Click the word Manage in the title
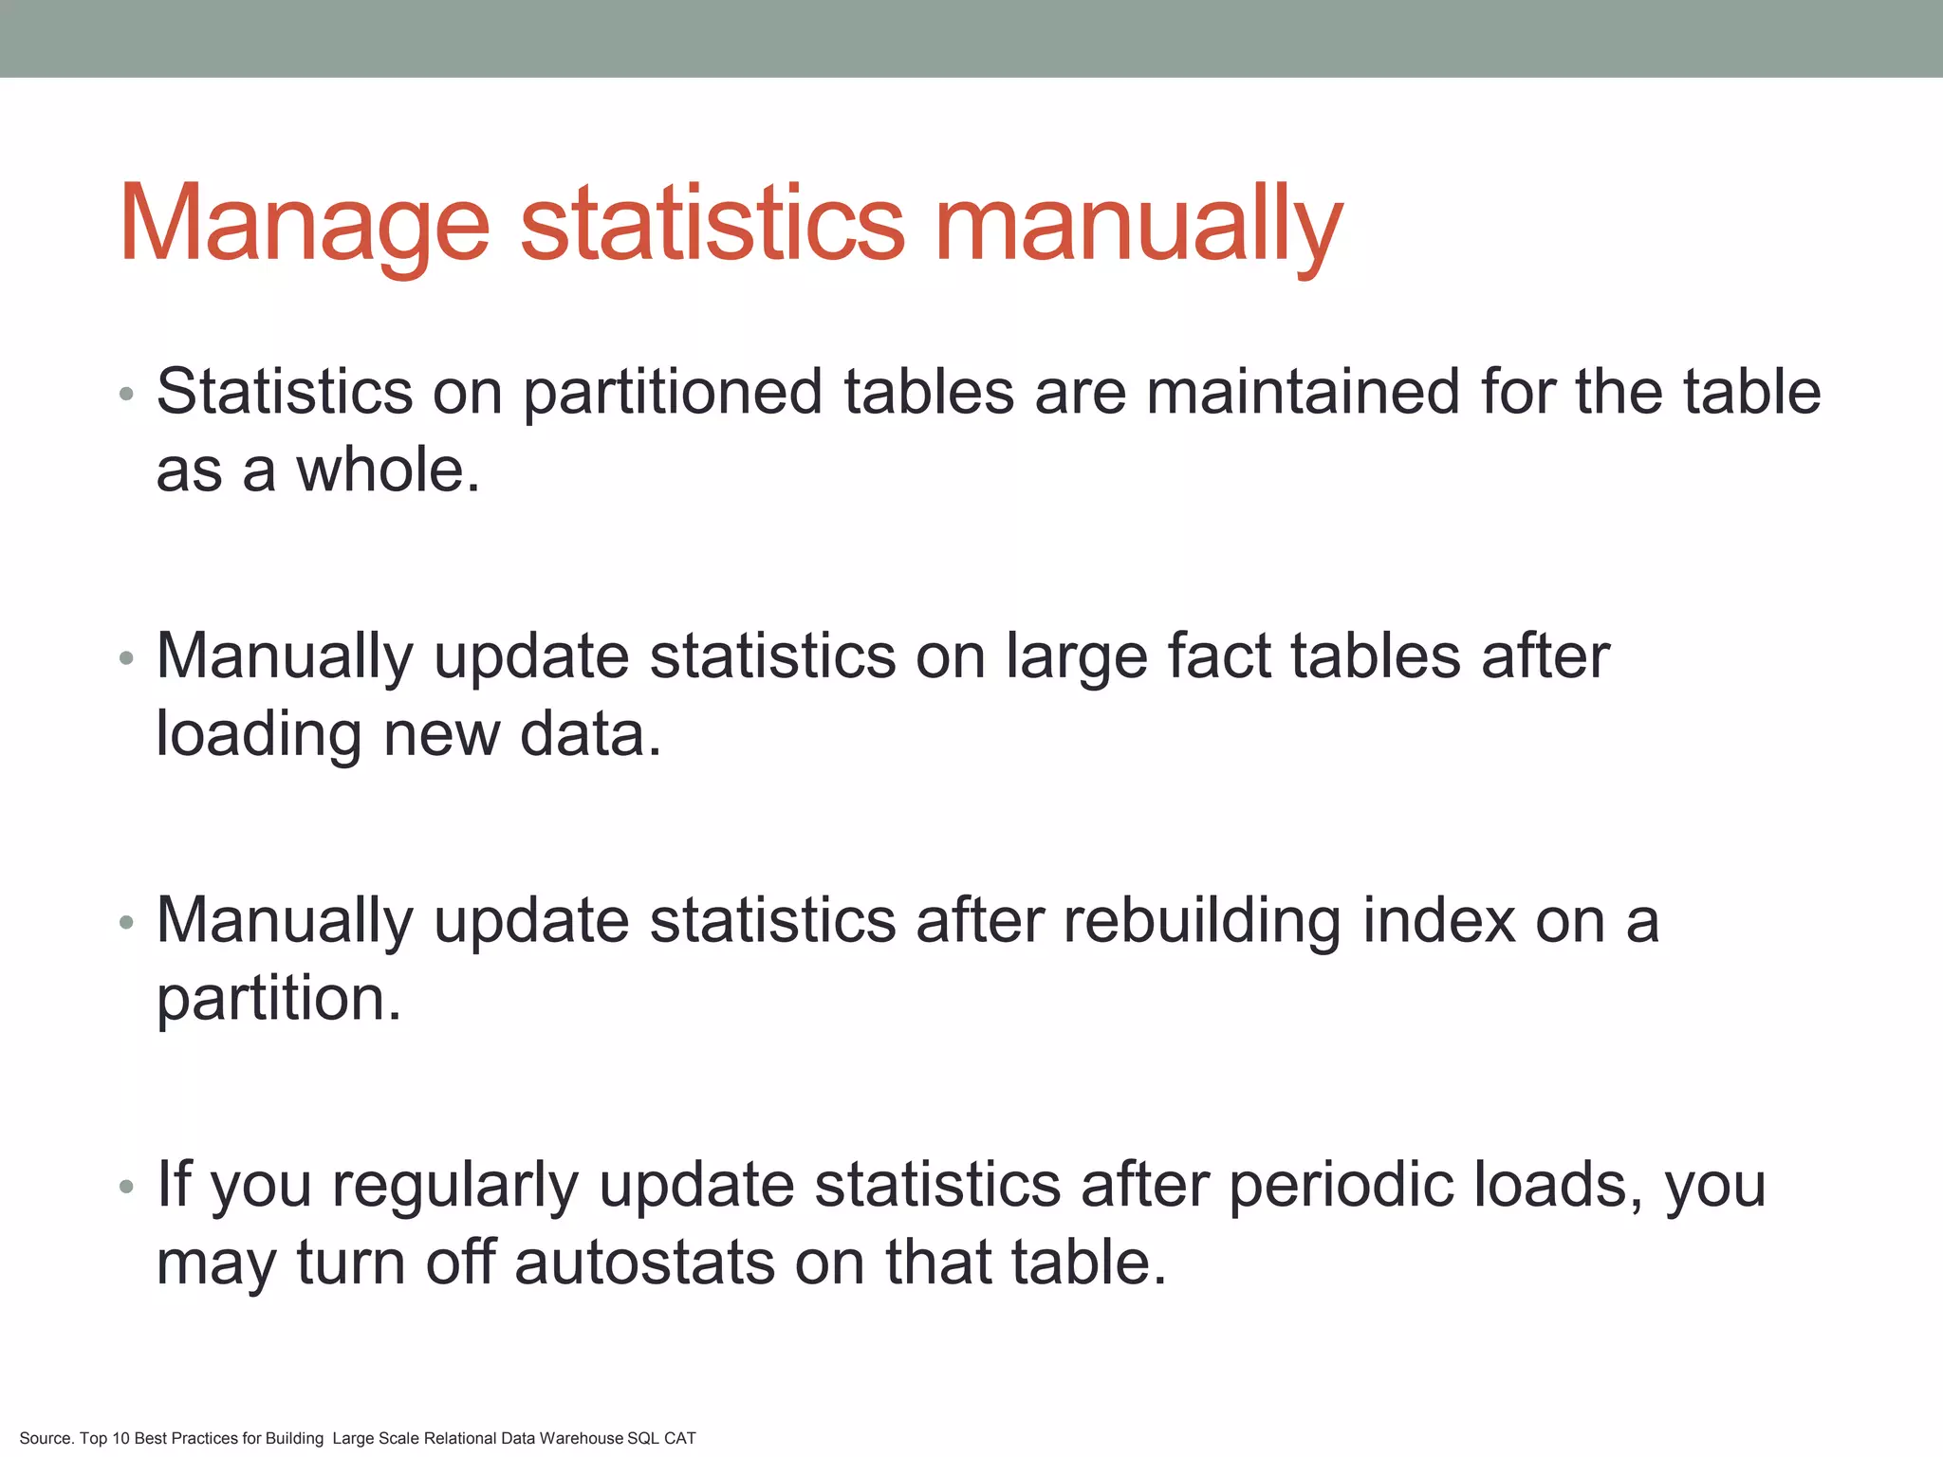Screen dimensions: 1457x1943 pyautogui.click(x=304, y=224)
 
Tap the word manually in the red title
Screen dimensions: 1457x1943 pyautogui.click(x=1138, y=224)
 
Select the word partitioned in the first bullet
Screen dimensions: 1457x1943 pyautogui.click(x=673, y=392)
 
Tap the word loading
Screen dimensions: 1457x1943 pyautogui.click(x=258, y=735)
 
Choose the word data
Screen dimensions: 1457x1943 pyautogui.click(x=590, y=733)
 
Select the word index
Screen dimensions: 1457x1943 pyautogui.click(x=1438, y=920)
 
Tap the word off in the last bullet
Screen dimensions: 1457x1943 pyautogui.click(x=460, y=1263)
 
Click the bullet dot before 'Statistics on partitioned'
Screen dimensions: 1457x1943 pyautogui.click(x=127, y=394)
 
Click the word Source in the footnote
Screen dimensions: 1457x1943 pyautogui.click(x=45, y=1438)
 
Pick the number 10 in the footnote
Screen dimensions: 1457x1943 pyautogui.click(x=120, y=1438)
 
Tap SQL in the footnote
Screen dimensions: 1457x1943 pyautogui.click(x=643, y=1438)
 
